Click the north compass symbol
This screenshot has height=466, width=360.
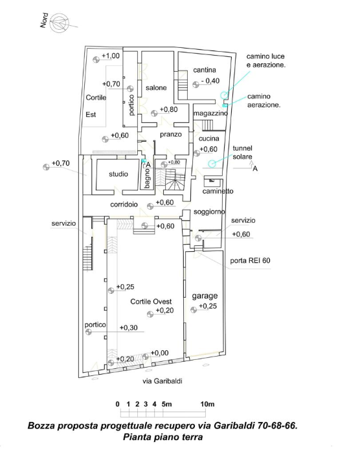pos(60,23)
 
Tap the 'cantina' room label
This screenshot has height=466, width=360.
pos(205,70)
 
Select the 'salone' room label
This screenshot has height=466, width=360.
pos(156,87)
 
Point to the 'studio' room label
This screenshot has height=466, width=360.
pos(118,174)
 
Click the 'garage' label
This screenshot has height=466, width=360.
pos(205,296)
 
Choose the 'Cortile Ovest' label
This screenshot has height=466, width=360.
pos(151,302)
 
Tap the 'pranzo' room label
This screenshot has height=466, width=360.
pos(171,135)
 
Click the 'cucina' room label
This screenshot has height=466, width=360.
pos(208,139)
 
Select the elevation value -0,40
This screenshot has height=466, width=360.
pos(210,81)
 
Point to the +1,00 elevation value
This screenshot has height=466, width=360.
pos(111,56)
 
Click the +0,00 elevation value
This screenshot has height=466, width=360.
pos(160,353)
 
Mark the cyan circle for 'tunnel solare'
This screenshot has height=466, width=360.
pos(211,164)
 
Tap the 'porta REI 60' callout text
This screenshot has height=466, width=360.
pos(250,261)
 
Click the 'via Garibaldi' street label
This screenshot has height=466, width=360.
pos(163,381)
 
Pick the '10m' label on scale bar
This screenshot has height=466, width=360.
pos(207,404)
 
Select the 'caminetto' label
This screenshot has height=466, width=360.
pos(218,191)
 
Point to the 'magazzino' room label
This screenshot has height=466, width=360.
pos(211,113)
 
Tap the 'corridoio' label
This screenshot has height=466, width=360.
pos(124,205)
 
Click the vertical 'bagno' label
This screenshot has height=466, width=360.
pos(148,178)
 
